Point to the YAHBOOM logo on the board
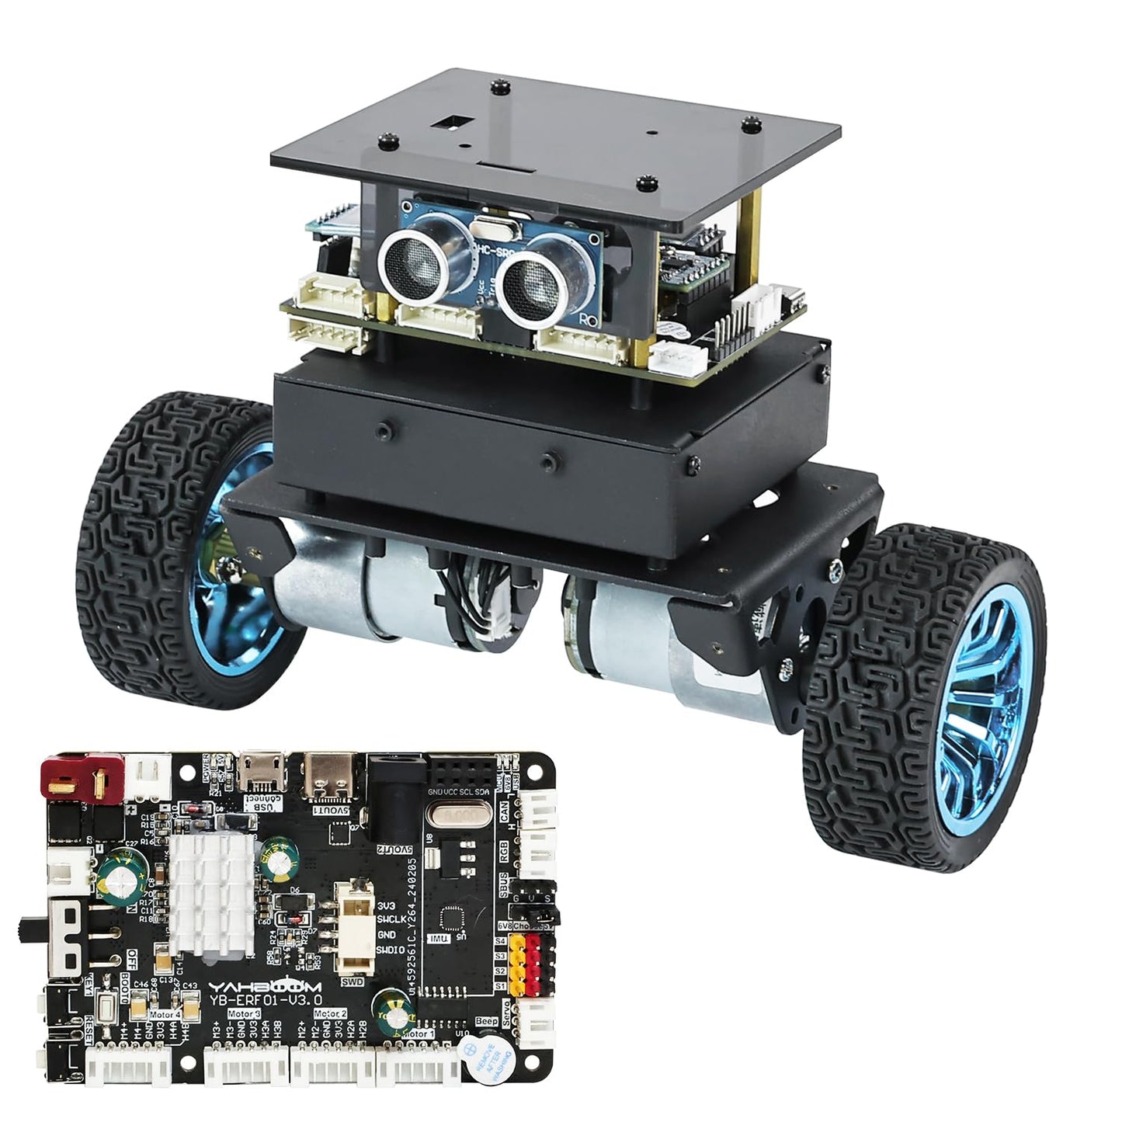252,986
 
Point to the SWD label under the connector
353,980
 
